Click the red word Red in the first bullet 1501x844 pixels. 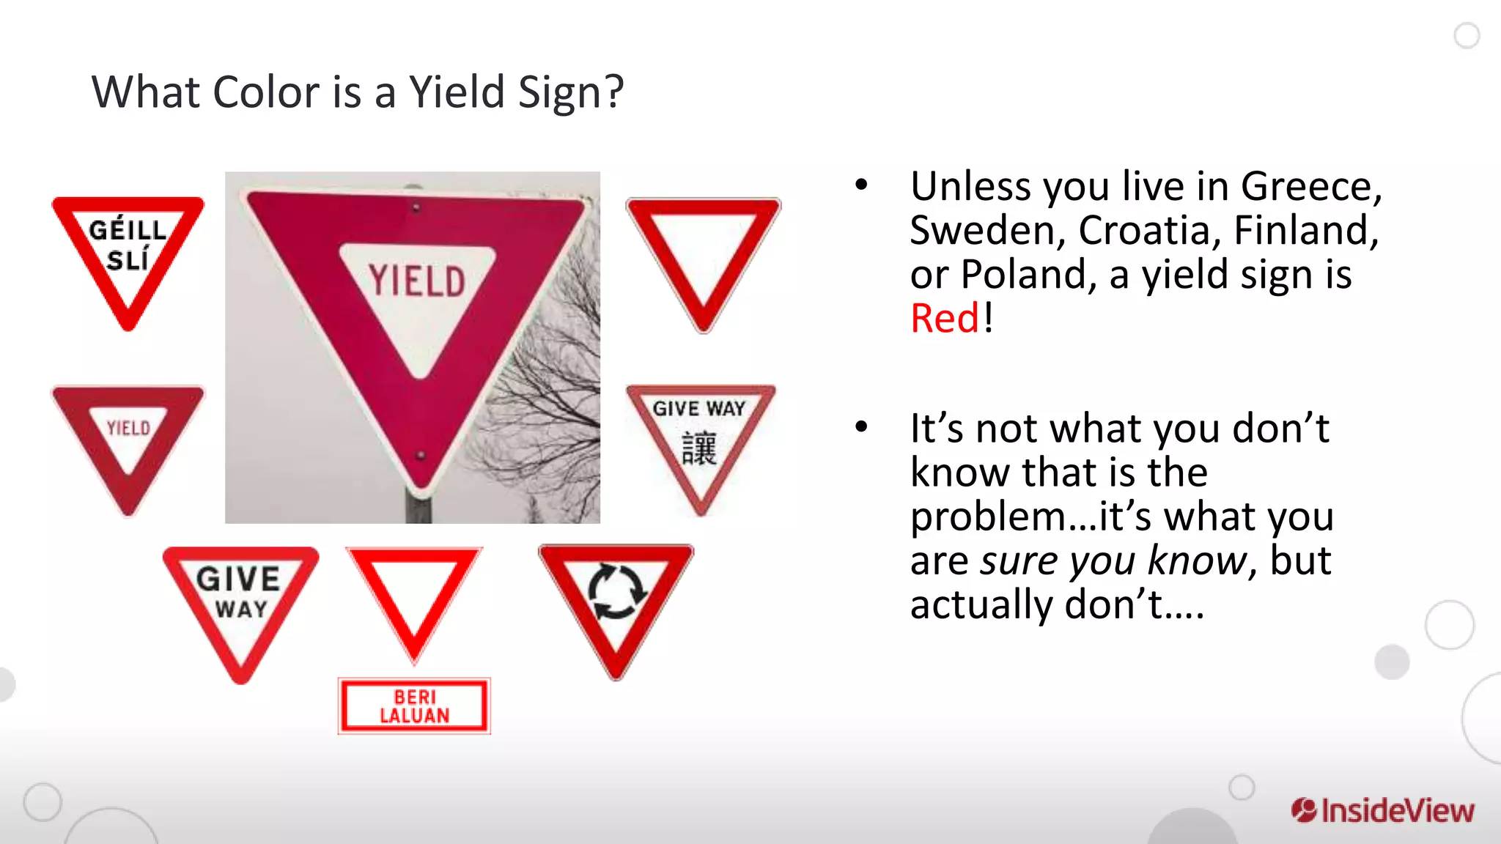[x=944, y=319]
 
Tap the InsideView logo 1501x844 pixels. [x=1382, y=810]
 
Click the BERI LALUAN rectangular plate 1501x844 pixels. [x=414, y=706]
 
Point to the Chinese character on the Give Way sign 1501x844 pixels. [x=698, y=448]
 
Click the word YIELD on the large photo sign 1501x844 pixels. [x=416, y=281]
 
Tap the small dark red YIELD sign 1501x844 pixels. [x=128, y=443]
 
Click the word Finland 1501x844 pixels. [x=1305, y=231]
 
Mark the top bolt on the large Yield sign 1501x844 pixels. [x=416, y=208]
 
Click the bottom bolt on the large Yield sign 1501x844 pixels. [x=421, y=456]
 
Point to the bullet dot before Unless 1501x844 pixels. [x=862, y=185]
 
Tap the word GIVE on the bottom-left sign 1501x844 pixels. [x=238, y=580]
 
